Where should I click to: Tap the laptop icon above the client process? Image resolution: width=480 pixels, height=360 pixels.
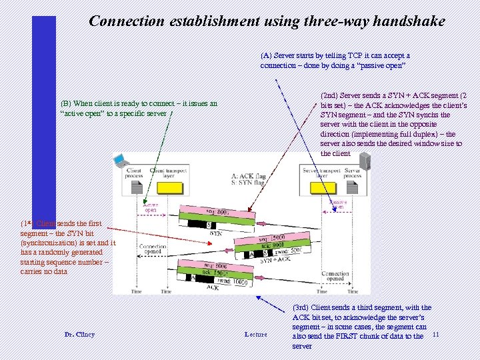(x=121, y=160)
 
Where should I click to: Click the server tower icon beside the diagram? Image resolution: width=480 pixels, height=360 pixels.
(x=365, y=159)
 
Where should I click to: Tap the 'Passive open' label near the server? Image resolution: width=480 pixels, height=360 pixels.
(x=338, y=204)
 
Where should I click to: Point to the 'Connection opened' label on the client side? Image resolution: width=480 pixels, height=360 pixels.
(x=153, y=249)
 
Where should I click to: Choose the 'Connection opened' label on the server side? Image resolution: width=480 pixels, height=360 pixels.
(x=335, y=276)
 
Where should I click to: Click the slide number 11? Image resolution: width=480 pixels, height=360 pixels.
(x=436, y=333)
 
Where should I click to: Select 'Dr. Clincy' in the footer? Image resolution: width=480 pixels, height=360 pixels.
(x=79, y=334)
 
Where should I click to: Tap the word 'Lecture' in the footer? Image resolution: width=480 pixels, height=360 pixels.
(x=255, y=334)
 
